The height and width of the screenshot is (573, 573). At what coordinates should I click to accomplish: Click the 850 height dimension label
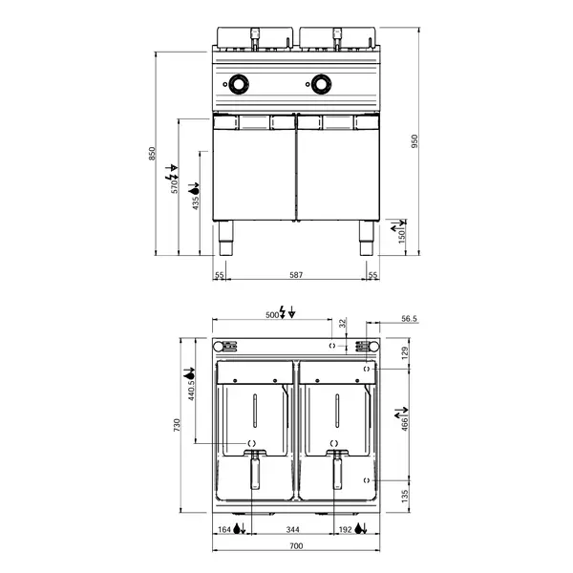point(151,153)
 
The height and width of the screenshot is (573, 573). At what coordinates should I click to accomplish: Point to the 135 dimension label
point(405,496)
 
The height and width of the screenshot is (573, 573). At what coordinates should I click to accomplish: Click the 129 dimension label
point(405,353)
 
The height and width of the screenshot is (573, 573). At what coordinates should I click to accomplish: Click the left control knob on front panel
point(238,85)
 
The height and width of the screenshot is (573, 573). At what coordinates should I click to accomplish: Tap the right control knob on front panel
point(319,85)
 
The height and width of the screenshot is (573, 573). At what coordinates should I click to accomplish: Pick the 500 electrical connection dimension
point(272,313)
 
